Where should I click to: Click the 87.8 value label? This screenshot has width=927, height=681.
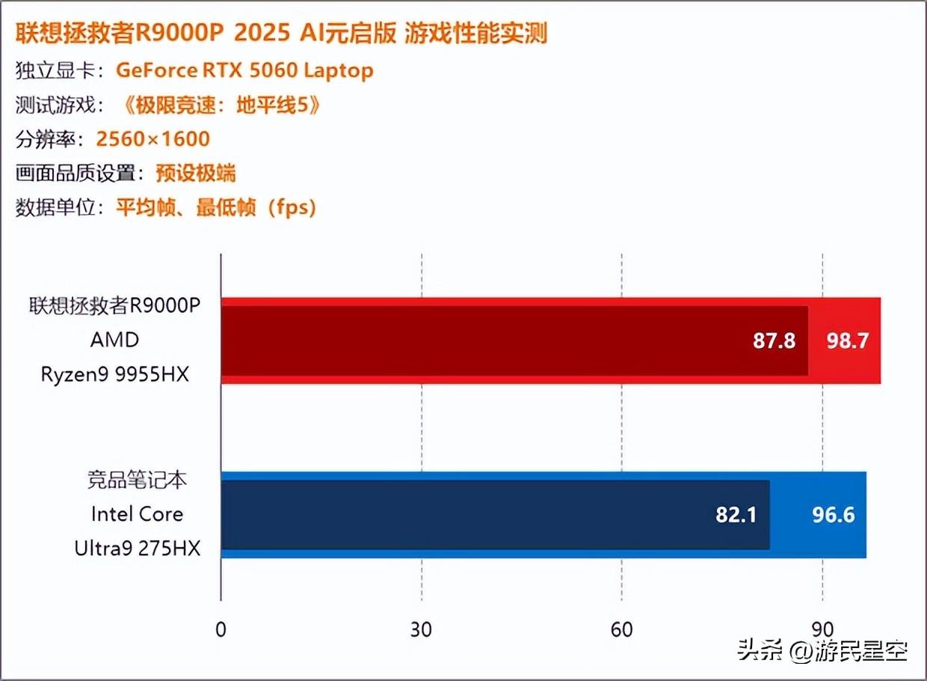tap(774, 341)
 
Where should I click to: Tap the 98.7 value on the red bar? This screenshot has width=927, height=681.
tap(847, 341)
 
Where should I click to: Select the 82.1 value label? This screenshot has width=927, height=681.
tap(736, 515)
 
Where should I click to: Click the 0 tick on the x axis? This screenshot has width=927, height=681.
tap(221, 629)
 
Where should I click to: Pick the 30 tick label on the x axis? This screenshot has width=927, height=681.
tap(421, 629)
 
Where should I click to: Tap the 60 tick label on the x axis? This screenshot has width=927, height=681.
tap(621, 629)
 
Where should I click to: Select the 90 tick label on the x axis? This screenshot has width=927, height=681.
tap(822, 629)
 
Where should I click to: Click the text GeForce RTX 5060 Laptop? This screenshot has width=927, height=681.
tap(244, 70)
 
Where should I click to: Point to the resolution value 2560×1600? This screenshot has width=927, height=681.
tap(153, 138)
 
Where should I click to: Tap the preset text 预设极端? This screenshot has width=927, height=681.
tap(196, 174)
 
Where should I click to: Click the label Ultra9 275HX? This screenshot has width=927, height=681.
tap(138, 549)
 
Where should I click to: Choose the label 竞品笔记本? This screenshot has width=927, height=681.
tap(137, 480)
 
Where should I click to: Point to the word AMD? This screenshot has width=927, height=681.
tap(115, 340)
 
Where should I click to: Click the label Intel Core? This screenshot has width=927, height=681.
tap(137, 514)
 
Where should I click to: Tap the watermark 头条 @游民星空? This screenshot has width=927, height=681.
tap(822, 650)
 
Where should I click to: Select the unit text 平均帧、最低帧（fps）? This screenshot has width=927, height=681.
tap(216, 207)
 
